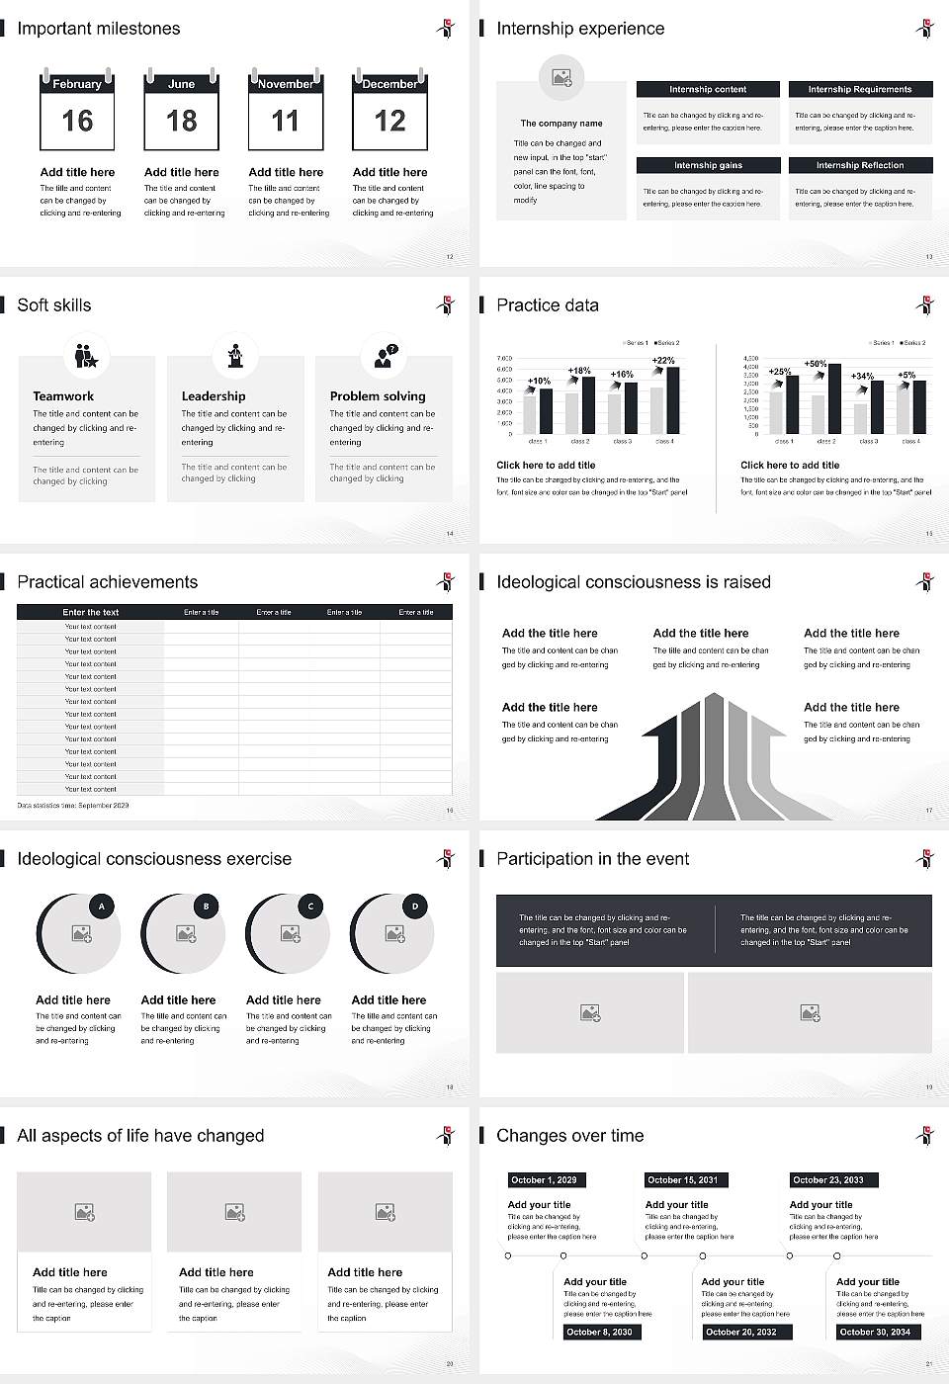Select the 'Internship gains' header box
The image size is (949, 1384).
708,165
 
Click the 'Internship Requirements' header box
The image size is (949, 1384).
860,89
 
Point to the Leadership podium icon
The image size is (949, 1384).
235,355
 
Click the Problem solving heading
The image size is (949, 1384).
378,396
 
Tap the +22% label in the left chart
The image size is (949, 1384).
664,361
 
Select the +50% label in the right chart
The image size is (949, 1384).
816,364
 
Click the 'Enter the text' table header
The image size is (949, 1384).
90,612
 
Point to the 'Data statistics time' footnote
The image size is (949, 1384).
73,806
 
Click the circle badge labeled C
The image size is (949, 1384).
310,906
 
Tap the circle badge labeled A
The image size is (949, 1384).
102,906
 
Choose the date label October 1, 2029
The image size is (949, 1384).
544,1179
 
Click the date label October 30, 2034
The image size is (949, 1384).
874,1332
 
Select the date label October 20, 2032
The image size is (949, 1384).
740,1332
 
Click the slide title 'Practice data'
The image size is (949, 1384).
548,305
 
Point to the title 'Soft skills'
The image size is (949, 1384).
54,305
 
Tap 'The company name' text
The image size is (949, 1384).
561,124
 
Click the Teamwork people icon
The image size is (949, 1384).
86,355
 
